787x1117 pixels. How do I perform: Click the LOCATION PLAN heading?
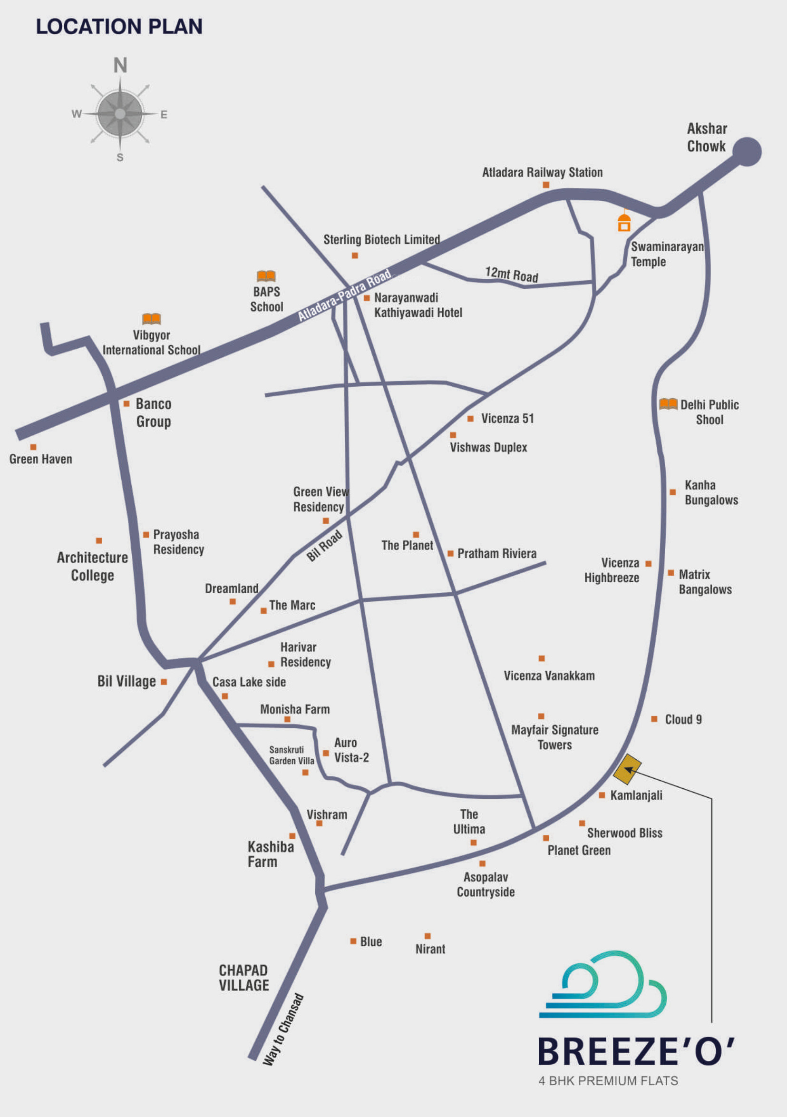[x=119, y=27]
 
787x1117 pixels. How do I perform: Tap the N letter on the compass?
[x=120, y=65]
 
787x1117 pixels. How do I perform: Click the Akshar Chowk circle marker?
[x=747, y=152]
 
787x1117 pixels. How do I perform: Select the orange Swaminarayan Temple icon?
[x=624, y=222]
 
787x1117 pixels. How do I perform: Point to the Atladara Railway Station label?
[x=542, y=172]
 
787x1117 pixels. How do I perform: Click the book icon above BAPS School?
[x=266, y=276]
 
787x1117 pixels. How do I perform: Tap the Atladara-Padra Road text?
[x=344, y=295]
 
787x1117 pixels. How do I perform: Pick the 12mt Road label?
[x=512, y=275]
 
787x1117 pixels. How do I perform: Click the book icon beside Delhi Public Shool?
[x=668, y=404]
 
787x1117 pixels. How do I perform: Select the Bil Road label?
[x=324, y=546]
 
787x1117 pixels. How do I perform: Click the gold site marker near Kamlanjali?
[x=627, y=769]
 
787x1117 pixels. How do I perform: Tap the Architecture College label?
[x=92, y=566]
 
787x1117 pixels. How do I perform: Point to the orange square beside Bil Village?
[x=164, y=682]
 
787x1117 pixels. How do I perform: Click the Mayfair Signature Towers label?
[x=555, y=737]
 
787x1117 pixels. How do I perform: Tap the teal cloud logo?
[x=602, y=984]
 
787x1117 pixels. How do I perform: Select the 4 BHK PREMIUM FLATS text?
[x=608, y=1080]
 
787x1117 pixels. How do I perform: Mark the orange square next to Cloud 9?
[x=654, y=718]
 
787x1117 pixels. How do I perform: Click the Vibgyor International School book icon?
[x=151, y=319]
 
